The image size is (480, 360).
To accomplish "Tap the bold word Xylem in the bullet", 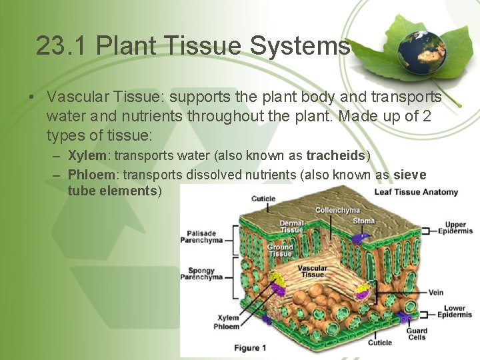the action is (87, 156).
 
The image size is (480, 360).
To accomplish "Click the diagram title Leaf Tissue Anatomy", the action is (416, 192).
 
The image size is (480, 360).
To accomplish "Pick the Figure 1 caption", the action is (250, 347).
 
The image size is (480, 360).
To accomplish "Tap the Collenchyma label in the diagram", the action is (337, 210).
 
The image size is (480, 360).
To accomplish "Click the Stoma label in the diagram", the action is (363, 221).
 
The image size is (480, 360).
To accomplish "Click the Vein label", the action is (435, 292).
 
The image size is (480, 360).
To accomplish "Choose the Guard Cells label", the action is (417, 334).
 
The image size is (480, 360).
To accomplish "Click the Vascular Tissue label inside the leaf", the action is (312, 271).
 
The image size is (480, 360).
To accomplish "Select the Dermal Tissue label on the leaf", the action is (291, 227).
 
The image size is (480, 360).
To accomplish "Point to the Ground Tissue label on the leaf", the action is (280, 250).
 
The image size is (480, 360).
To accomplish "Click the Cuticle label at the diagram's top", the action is (263, 199).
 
